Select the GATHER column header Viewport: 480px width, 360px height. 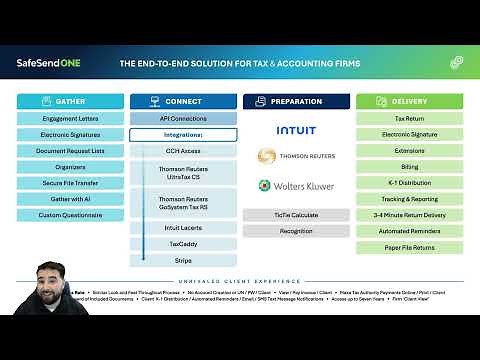pyautogui.click(x=70, y=101)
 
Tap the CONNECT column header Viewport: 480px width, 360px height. pyautogui.click(x=183, y=101)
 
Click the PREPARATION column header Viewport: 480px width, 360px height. pyautogui.click(x=296, y=101)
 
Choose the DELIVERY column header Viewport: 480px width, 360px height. pyautogui.click(x=409, y=101)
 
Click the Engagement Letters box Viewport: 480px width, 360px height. pyautogui.click(x=70, y=118)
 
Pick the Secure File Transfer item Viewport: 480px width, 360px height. pyautogui.click(x=70, y=183)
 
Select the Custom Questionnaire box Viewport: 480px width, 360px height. pyautogui.click(x=70, y=215)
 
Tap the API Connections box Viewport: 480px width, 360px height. pyautogui.click(x=183, y=118)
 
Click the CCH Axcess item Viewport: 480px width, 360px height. pyautogui.click(x=183, y=151)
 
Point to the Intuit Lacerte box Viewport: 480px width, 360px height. pyautogui.click(x=183, y=228)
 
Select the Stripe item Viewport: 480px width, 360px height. pyautogui.click(x=183, y=260)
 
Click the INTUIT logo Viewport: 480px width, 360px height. pyautogui.click(x=296, y=130)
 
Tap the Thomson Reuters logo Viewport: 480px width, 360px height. pyautogui.click(x=296, y=157)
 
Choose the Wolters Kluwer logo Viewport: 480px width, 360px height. pyautogui.click(x=296, y=186)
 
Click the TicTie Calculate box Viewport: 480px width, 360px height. pyautogui.click(x=296, y=215)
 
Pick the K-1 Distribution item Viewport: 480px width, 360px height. pyautogui.click(x=409, y=183)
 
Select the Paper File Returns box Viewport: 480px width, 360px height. pyautogui.click(x=409, y=248)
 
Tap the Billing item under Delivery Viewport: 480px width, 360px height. pyautogui.click(x=409, y=167)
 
